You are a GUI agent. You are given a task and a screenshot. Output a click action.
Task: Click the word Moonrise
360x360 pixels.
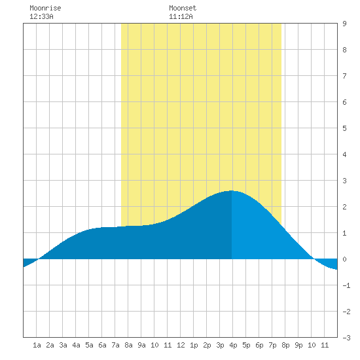point(45,8)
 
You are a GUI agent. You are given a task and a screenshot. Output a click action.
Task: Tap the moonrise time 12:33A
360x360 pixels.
point(41,16)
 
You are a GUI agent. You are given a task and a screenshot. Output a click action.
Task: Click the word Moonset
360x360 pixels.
point(183,8)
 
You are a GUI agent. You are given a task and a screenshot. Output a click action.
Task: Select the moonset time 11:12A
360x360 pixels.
point(181,16)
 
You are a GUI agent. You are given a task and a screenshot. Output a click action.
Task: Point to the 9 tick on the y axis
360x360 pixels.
point(344,24)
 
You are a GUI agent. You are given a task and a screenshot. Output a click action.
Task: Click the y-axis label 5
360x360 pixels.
point(344,128)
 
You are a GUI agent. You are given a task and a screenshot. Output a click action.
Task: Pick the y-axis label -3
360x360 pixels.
point(346,338)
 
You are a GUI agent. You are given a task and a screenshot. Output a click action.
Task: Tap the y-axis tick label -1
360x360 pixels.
point(346,285)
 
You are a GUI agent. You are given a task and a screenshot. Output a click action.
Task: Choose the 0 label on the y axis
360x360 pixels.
point(344,259)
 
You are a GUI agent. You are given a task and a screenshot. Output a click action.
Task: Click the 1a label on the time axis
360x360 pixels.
point(37,345)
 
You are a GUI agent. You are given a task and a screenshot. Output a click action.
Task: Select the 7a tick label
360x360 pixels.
point(115,345)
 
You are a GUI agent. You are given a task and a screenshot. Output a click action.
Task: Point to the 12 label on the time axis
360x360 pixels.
point(181,345)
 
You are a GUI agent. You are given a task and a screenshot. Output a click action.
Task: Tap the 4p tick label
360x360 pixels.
point(233,345)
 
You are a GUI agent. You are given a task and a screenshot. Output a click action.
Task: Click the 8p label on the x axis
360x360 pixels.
point(285,345)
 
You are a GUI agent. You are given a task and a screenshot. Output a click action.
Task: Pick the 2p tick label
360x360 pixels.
point(207,345)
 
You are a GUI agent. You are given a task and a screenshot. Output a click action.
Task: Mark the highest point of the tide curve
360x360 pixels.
point(232,190)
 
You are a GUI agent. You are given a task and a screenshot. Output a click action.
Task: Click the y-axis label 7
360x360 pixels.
point(344,76)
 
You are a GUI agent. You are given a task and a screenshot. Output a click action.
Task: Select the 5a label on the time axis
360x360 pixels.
point(89,345)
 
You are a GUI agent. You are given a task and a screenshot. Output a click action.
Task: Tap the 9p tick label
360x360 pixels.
point(298,345)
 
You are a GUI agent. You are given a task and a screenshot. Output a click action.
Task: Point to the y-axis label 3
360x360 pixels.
point(344,181)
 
